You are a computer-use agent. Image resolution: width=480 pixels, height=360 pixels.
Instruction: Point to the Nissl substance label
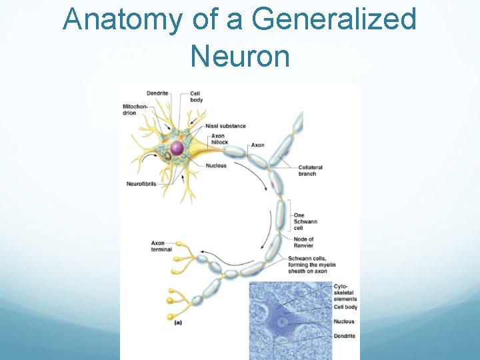[x=225, y=126]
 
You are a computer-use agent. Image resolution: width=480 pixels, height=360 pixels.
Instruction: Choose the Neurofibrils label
[x=141, y=184]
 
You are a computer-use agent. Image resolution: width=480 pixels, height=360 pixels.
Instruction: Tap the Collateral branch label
[x=309, y=171]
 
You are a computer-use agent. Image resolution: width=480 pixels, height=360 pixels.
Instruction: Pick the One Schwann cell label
[x=304, y=222]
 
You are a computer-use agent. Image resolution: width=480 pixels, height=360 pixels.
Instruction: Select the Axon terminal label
[x=162, y=246]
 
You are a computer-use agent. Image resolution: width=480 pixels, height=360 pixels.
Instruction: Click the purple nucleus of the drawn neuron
[x=177, y=147]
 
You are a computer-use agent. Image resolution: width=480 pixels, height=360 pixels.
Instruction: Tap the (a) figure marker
[x=178, y=323]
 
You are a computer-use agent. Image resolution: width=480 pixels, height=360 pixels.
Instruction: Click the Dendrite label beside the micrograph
[x=345, y=337]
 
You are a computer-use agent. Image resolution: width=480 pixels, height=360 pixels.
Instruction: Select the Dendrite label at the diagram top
[x=157, y=93]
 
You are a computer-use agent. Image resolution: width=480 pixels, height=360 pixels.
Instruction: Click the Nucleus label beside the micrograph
[x=344, y=321]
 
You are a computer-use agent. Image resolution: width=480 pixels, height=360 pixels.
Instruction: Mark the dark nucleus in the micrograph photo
[x=282, y=322]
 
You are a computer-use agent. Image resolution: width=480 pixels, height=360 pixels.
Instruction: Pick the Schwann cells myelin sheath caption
[x=307, y=265]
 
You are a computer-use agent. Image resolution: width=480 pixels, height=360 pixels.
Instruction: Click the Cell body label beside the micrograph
[x=345, y=307]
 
